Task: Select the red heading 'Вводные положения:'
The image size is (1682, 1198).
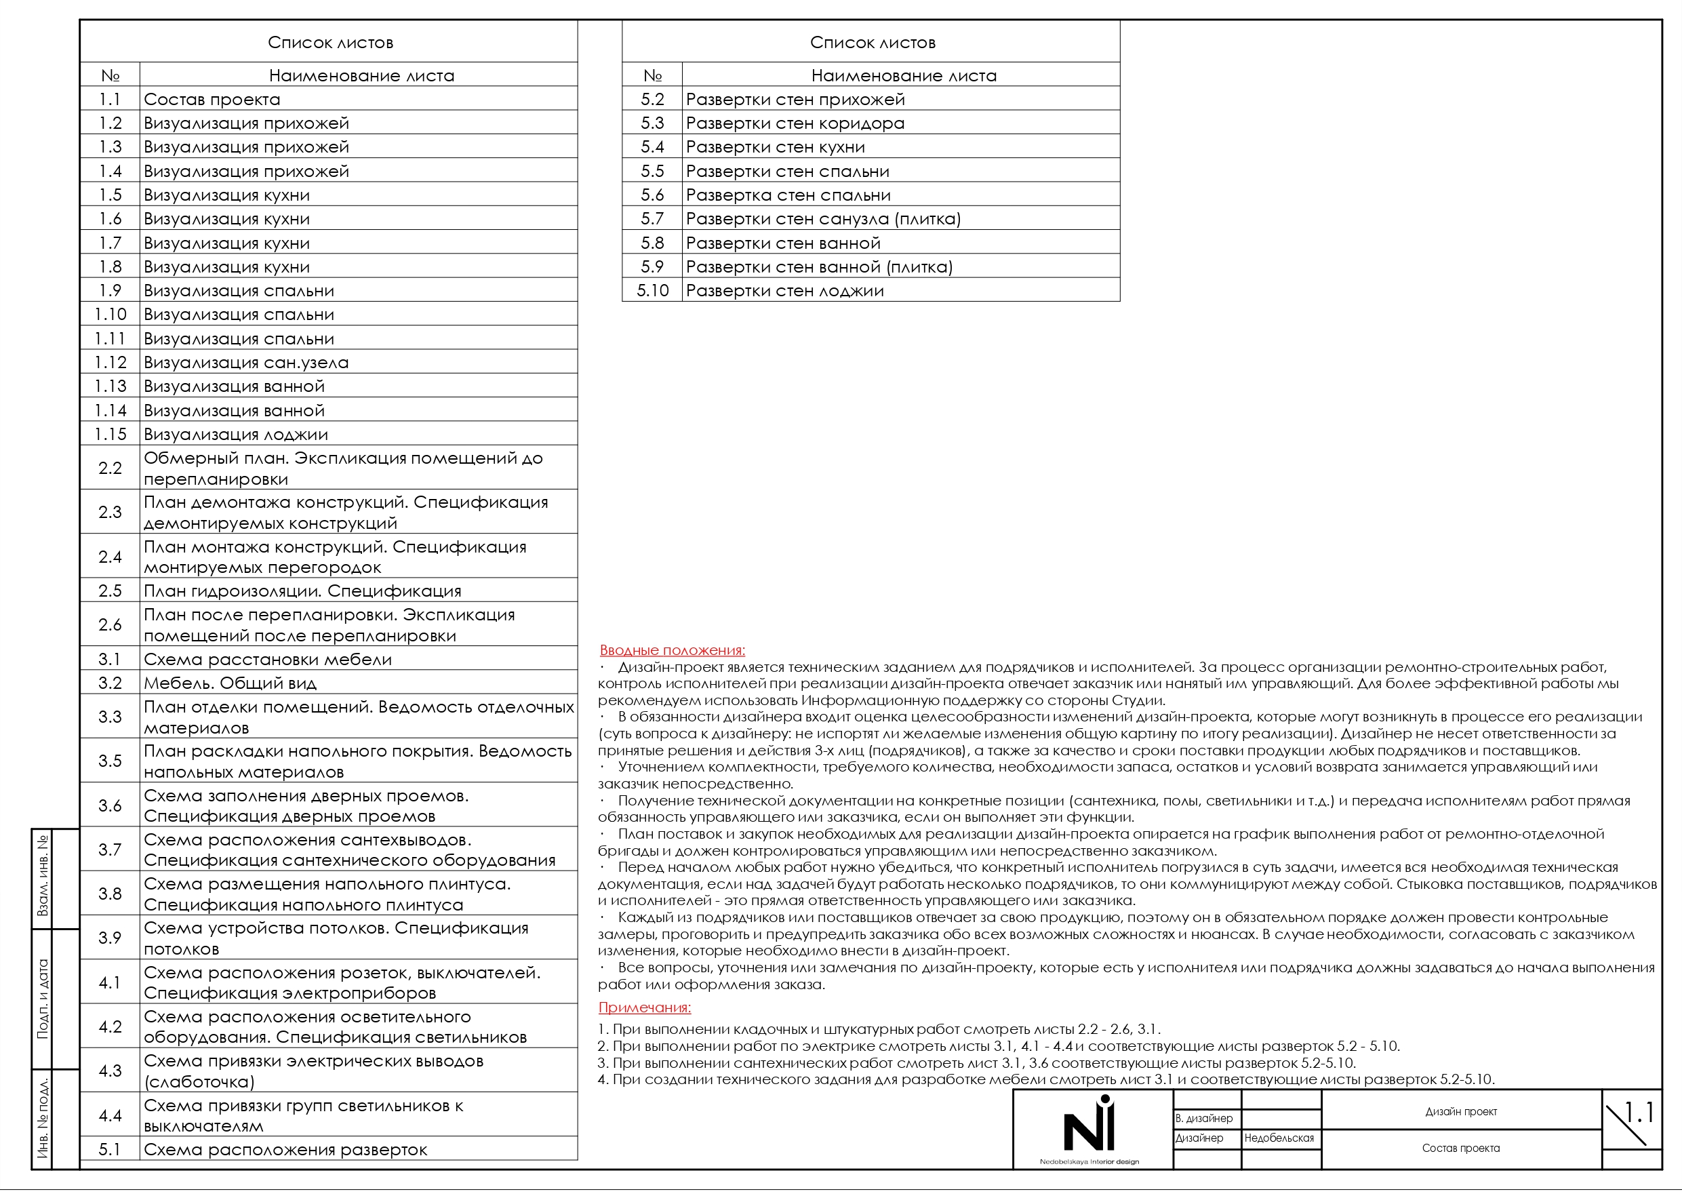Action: click(x=672, y=651)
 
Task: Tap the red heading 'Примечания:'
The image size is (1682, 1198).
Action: click(x=644, y=1007)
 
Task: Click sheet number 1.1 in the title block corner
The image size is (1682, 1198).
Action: click(x=1638, y=1113)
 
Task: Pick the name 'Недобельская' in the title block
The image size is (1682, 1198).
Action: click(x=1279, y=1138)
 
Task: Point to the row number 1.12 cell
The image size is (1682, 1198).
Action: click(x=110, y=362)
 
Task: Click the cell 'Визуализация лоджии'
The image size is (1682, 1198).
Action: click(x=235, y=435)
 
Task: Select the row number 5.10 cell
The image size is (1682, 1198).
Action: click(x=652, y=291)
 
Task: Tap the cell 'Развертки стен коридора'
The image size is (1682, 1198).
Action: click(x=795, y=123)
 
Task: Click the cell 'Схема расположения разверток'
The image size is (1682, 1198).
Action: click(x=285, y=1149)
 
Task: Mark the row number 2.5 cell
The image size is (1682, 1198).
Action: click(x=110, y=591)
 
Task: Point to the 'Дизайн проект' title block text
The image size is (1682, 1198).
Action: click(x=1461, y=1112)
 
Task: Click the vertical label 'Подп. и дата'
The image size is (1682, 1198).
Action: click(x=43, y=999)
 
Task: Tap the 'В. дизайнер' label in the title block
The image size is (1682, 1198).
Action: click(x=1203, y=1118)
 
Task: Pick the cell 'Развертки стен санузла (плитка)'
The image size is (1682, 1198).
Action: click(x=822, y=219)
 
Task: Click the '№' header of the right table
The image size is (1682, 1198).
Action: click(x=652, y=75)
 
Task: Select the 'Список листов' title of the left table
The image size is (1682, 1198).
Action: click(x=329, y=43)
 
